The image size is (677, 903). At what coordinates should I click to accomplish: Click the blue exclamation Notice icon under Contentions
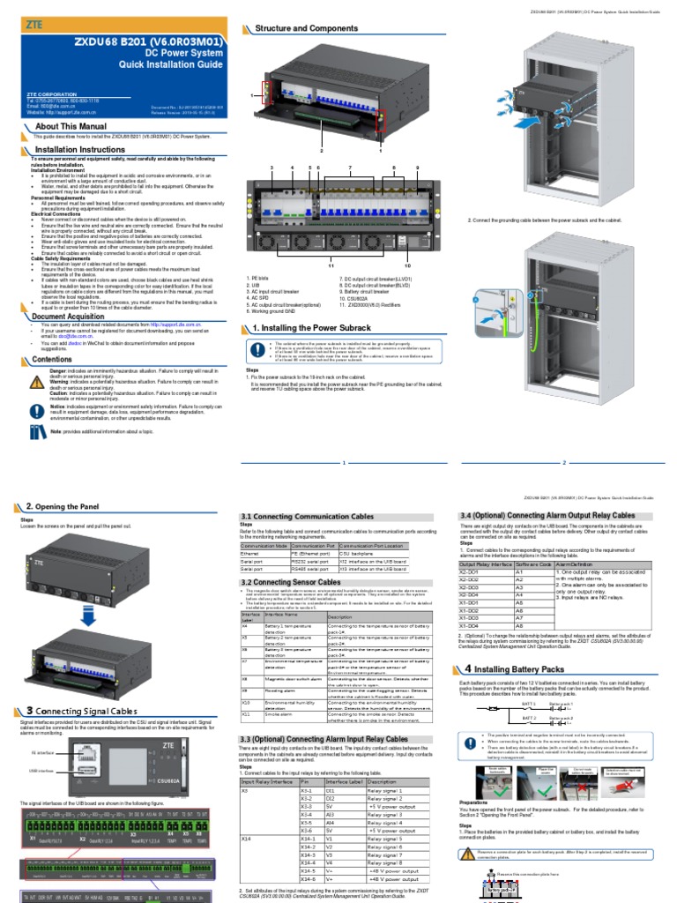click(36, 410)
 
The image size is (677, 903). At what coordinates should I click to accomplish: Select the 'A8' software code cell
click(519, 625)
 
